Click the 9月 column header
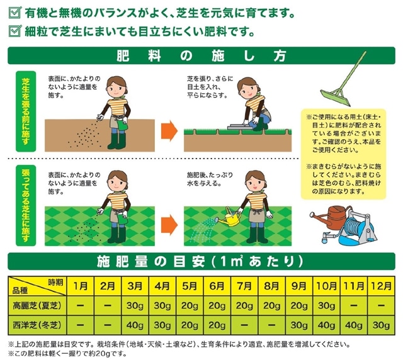click(x=299, y=286)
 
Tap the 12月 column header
click(x=381, y=286)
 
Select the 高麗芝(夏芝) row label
click(x=37, y=305)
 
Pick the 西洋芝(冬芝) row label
click(x=37, y=325)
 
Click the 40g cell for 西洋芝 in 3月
click(x=135, y=325)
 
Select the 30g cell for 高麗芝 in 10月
click(x=326, y=305)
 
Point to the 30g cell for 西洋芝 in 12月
click(x=381, y=325)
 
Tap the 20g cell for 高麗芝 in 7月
click(x=244, y=305)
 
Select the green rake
click(x=343, y=80)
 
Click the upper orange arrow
click(x=169, y=130)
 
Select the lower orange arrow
click(x=169, y=225)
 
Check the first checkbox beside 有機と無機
click(x=14, y=13)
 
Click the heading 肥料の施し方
click(x=201, y=56)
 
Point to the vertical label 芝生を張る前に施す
click(x=26, y=111)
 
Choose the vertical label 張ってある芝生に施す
click(x=26, y=205)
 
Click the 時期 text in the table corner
click(x=55, y=283)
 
